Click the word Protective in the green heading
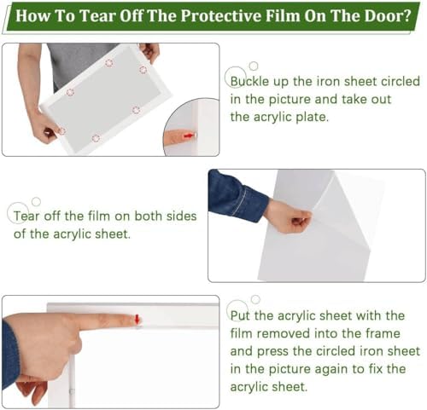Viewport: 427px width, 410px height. point(221,16)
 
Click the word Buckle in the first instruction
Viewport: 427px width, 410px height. point(249,82)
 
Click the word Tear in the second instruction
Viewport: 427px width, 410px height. point(26,217)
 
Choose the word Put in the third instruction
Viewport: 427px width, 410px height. point(240,315)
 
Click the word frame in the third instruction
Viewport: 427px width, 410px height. point(383,333)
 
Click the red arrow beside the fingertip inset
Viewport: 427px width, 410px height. point(189,136)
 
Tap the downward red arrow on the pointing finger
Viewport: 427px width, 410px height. point(137,319)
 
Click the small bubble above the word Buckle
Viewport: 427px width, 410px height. point(254,66)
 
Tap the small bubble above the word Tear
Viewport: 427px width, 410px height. point(36,202)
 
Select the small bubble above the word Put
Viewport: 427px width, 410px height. point(255,299)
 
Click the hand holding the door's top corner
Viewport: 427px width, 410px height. point(150,51)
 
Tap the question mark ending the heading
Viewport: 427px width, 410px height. point(408,16)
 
